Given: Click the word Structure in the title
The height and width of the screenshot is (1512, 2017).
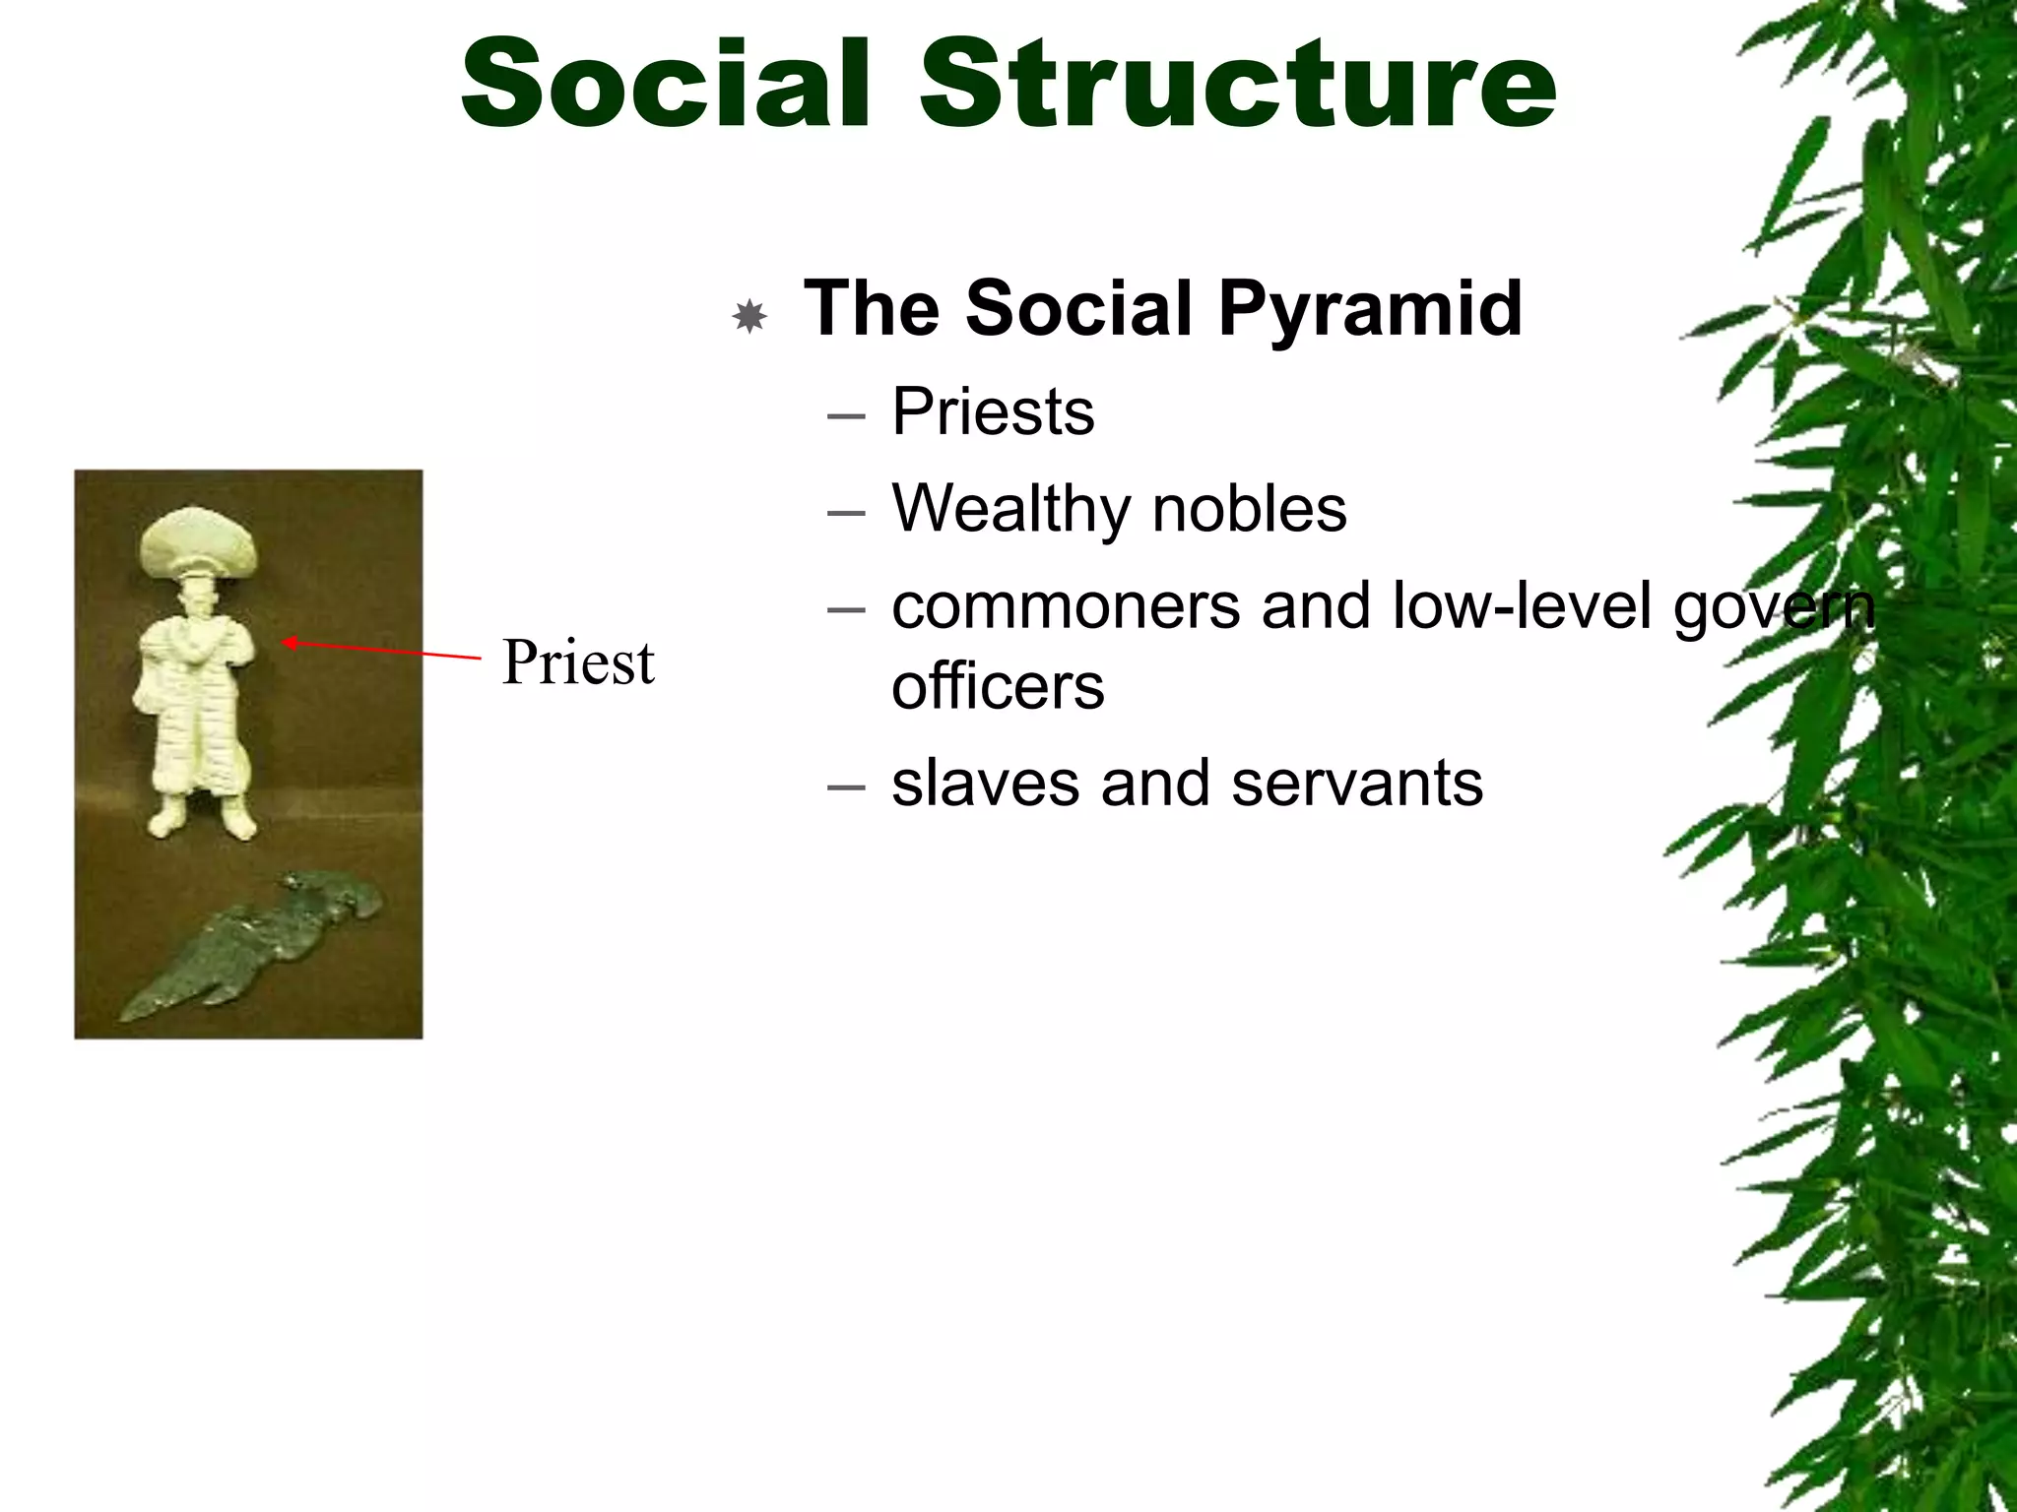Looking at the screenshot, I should click(x=1238, y=83).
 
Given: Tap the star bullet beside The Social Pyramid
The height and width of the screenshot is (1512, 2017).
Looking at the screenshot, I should click(x=750, y=316).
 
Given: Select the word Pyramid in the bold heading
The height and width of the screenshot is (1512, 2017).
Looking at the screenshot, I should click(x=1370, y=309).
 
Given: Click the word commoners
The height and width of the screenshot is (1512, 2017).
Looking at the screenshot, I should click(x=1066, y=606).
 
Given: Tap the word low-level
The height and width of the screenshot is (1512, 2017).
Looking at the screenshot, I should click(x=1522, y=606).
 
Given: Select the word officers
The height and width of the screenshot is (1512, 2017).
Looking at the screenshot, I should click(x=998, y=686).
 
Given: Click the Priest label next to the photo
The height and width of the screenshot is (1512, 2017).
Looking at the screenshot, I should click(x=578, y=662).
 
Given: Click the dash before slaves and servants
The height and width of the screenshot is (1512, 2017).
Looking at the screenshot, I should click(x=846, y=787).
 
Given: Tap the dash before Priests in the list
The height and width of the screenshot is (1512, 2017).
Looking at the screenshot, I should click(x=846, y=415).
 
